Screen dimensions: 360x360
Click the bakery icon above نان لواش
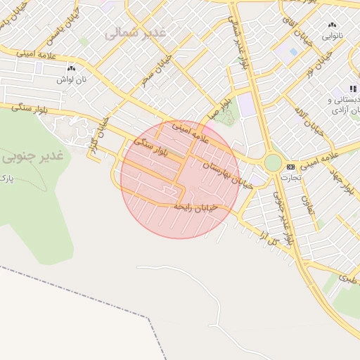coord(71,68)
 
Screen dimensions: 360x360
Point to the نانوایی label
coord(333,34)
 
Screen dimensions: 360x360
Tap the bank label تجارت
coord(290,177)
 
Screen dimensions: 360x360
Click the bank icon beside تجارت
coord(291,167)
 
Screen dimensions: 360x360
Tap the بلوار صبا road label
coord(218,110)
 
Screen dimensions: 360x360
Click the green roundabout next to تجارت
coord(272,163)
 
